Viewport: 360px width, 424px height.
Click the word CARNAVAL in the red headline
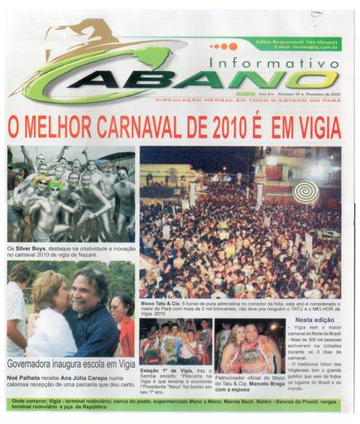tap(135, 128)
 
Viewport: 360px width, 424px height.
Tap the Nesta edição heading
tap(315, 319)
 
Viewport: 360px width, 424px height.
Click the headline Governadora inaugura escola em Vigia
tap(70, 364)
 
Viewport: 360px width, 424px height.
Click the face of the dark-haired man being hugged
tap(88, 290)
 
